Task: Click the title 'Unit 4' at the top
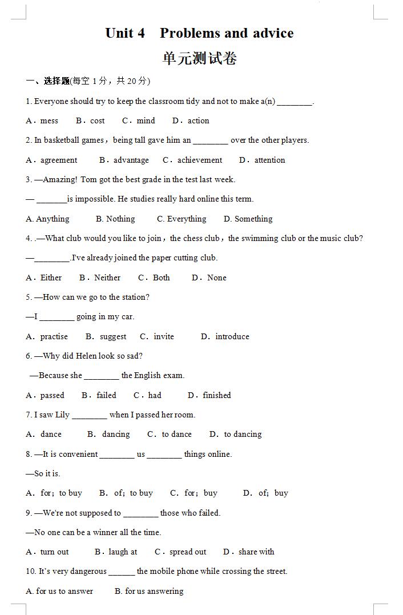tap(125, 33)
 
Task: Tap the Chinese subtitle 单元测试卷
tap(199, 58)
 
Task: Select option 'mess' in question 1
tap(49, 120)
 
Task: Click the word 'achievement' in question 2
tap(199, 160)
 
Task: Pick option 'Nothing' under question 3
tap(120, 219)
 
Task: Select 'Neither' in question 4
tap(107, 278)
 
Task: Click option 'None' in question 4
tap(216, 278)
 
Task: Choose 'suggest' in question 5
tap(113, 336)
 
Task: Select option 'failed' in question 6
tap(106, 395)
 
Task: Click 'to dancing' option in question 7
tap(243, 434)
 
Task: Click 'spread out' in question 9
tap(188, 552)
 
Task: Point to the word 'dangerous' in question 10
tap(88, 571)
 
